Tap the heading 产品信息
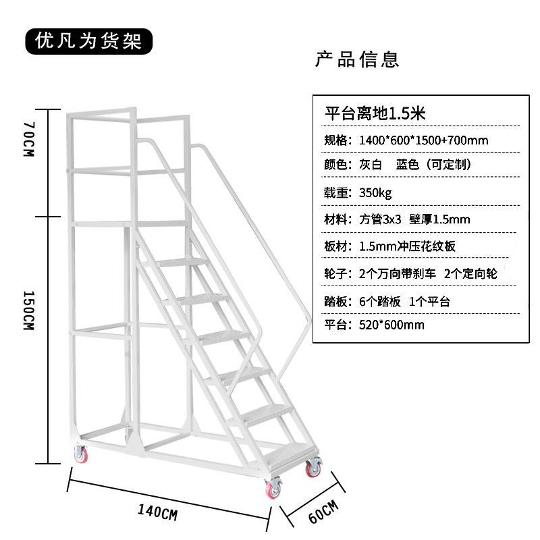358,59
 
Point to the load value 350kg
375,193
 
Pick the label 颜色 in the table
337,165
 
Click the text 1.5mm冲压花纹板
408,246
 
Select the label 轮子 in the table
337,273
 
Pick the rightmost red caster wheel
313,467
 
